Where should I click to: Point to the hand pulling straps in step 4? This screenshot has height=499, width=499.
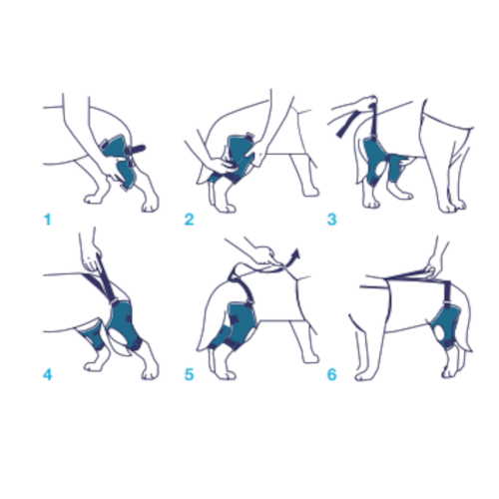coord(92,244)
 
